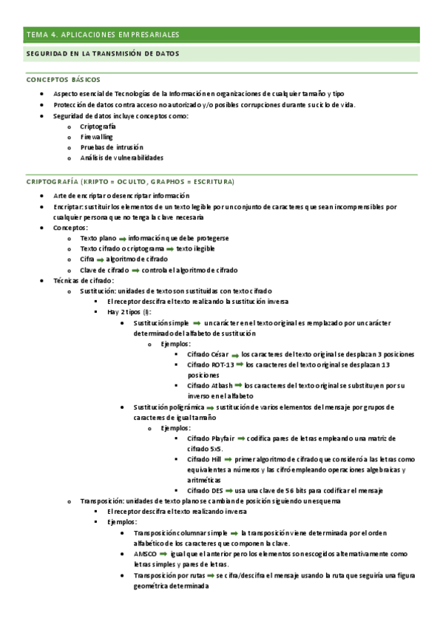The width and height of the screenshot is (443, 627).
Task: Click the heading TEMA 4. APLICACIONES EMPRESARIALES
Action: click(102, 35)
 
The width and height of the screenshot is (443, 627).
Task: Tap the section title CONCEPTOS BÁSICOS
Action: click(64, 79)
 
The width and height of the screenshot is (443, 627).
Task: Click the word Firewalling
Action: click(97, 137)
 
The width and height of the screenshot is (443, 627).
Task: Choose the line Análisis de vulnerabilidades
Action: click(122, 157)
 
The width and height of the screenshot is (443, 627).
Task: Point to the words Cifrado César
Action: click(209, 354)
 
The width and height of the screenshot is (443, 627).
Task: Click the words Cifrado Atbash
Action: click(211, 385)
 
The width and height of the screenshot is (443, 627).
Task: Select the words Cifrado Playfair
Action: click(212, 438)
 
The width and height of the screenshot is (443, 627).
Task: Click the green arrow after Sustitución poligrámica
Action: click(210, 407)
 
